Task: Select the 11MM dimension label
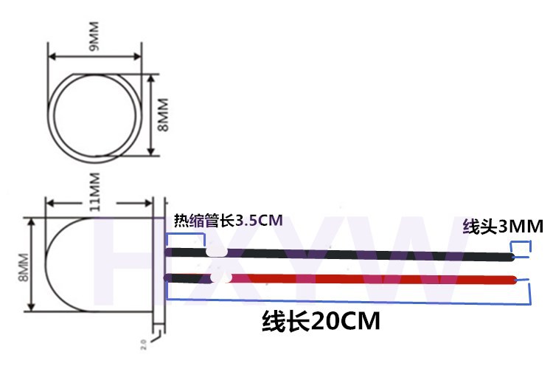(x=95, y=193)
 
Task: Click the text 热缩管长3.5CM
(x=228, y=220)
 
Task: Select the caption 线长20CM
(x=321, y=322)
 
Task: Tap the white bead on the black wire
(x=216, y=251)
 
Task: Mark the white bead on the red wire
(x=219, y=278)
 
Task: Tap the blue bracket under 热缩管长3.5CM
(x=187, y=238)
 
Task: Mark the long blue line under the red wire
(x=347, y=302)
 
